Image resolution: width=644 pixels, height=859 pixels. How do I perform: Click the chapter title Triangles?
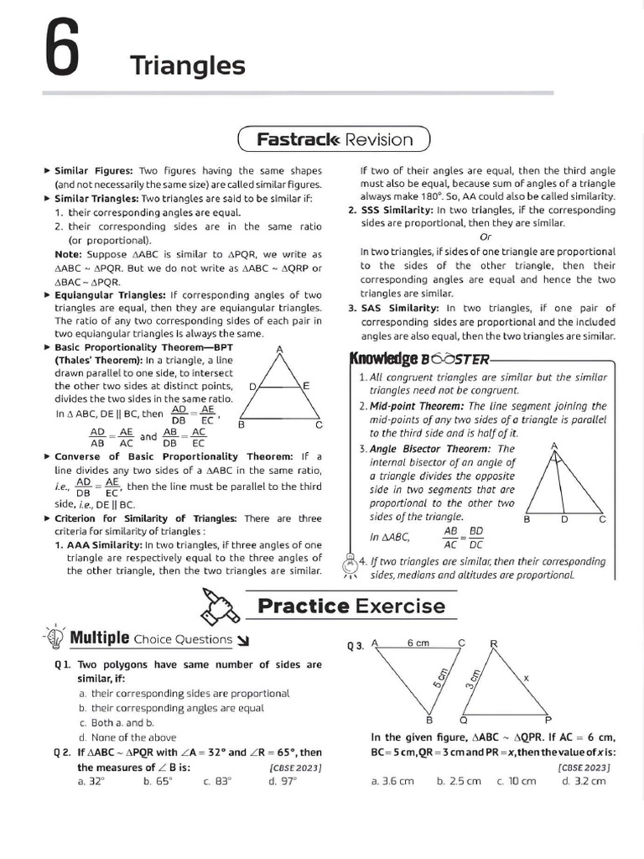pos(187,65)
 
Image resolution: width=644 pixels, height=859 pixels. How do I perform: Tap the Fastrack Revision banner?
pos(334,139)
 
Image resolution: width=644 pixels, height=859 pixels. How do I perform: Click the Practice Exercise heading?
pos(351,605)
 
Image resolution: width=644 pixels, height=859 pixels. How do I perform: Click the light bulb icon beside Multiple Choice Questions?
pos(55,638)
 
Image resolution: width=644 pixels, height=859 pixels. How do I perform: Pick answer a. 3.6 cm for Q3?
pos(392,781)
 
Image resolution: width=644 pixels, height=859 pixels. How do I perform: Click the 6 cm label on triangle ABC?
pos(418,643)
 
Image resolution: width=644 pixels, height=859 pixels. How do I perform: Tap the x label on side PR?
pos(526,677)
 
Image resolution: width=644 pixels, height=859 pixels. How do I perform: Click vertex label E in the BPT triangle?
pos(306,385)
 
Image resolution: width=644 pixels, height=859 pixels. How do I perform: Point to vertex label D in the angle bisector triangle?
pos(564,519)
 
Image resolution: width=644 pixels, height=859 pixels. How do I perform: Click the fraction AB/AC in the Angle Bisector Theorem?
pos(450,537)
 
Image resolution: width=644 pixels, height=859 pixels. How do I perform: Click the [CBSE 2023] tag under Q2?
pos(295,767)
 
